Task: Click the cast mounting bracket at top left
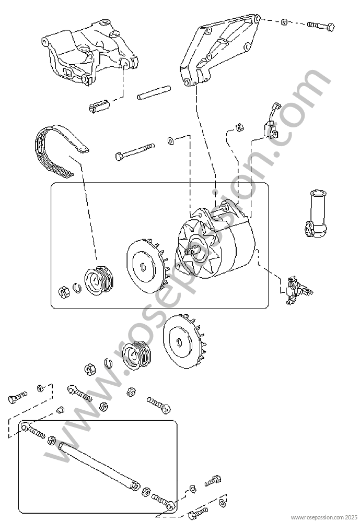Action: (x=89, y=53)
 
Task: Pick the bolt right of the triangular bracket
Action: (x=321, y=26)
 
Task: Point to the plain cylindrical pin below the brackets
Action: (x=154, y=93)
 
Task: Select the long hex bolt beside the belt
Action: (x=135, y=152)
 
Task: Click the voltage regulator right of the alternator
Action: (x=297, y=290)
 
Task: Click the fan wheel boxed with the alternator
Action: (x=147, y=266)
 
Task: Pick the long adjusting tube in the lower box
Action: (x=99, y=466)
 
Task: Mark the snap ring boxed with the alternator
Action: (x=77, y=288)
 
